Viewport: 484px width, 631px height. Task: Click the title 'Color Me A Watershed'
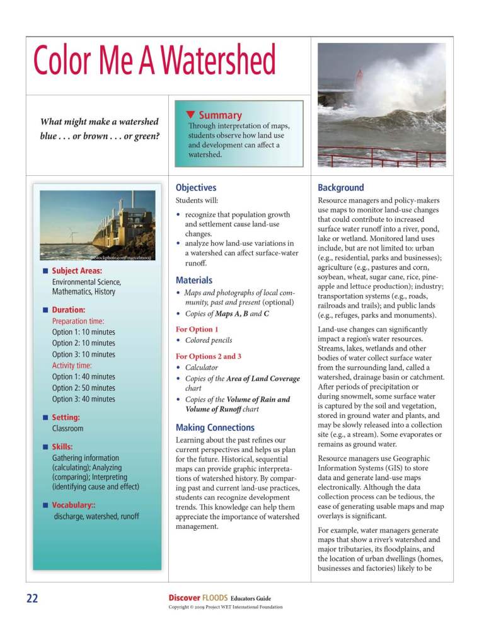(x=155, y=62)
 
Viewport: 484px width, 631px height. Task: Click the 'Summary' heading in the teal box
(x=220, y=115)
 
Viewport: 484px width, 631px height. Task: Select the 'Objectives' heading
(x=195, y=187)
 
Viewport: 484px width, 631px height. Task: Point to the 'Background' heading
(x=340, y=187)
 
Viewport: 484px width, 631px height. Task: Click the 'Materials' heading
(x=193, y=280)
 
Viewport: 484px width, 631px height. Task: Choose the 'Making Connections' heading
(x=215, y=427)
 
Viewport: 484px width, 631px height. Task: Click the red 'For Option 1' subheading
(x=197, y=329)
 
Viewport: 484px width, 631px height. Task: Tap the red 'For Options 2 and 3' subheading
(x=208, y=356)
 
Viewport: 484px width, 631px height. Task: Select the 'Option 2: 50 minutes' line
(x=83, y=388)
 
